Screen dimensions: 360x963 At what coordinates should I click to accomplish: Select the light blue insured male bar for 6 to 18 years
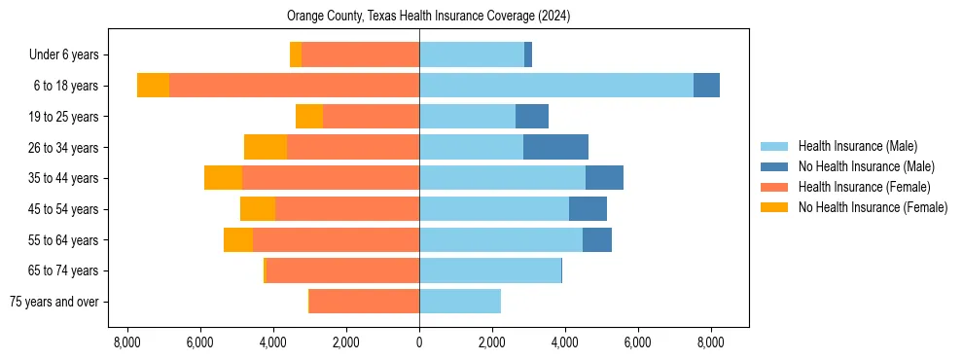click(555, 86)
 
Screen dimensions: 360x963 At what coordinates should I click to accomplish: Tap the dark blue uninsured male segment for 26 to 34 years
click(555, 147)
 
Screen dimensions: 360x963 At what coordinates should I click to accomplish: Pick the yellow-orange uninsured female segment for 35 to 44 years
click(223, 178)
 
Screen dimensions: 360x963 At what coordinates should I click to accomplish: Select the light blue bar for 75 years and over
click(460, 302)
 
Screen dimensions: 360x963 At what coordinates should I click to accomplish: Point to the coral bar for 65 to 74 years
click(341, 270)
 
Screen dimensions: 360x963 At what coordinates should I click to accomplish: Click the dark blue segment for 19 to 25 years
click(531, 117)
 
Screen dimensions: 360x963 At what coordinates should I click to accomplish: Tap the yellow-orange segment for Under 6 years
click(296, 54)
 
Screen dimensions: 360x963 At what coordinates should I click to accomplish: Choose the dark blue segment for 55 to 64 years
click(596, 239)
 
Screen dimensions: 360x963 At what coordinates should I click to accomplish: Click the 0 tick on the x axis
click(419, 342)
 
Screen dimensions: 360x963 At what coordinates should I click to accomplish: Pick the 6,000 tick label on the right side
click(637, 342)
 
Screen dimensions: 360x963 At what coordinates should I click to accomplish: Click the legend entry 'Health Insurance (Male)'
click(857, 146)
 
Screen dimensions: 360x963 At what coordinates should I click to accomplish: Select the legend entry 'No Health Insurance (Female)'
click(873, 207)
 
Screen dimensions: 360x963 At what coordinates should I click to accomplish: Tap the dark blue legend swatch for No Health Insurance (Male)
click(776, 166)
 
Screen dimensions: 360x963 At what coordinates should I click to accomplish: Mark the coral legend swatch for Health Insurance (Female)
click(776, 187)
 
